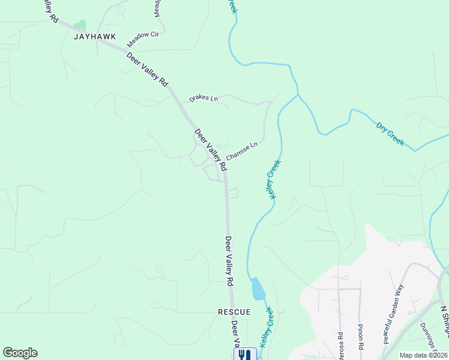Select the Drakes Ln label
coord(203,98)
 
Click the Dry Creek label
coord(390,134)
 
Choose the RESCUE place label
coord(233,313)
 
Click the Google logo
coord(20,353)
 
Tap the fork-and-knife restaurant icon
coord(244,355)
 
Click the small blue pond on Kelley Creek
coord(258,289)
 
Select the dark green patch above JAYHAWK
coord(79,25)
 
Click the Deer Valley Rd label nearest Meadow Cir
coord(148,71)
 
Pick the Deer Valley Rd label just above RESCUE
coord(229,260)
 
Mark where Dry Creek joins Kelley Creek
coord(297,95)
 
